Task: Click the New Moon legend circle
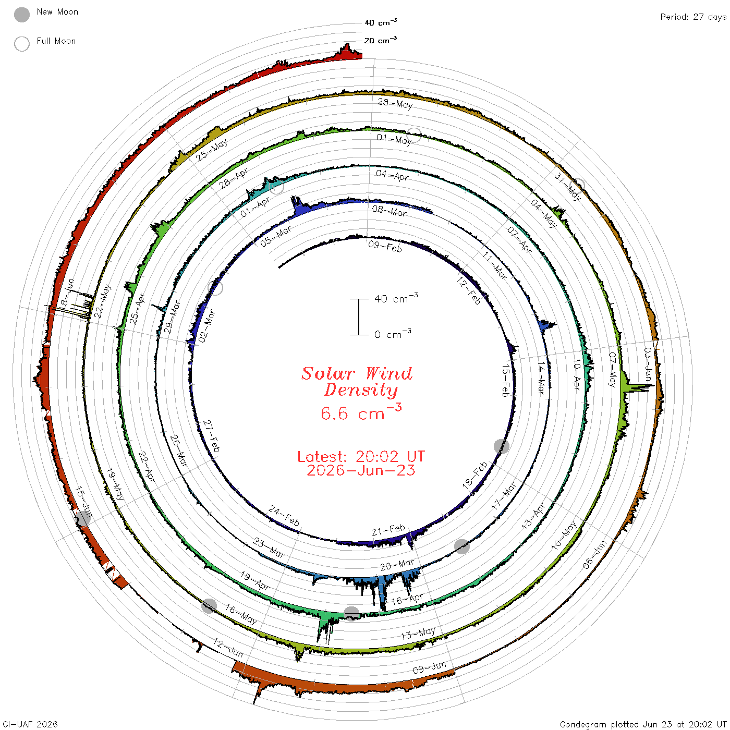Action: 21,15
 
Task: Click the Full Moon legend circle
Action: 21,44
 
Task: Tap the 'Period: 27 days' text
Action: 693,17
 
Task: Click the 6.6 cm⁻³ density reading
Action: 361,412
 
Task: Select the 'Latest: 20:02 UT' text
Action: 361,456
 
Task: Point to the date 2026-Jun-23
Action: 361,470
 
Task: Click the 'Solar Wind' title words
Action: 357,373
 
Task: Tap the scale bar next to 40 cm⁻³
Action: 359,317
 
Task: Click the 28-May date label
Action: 395,103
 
